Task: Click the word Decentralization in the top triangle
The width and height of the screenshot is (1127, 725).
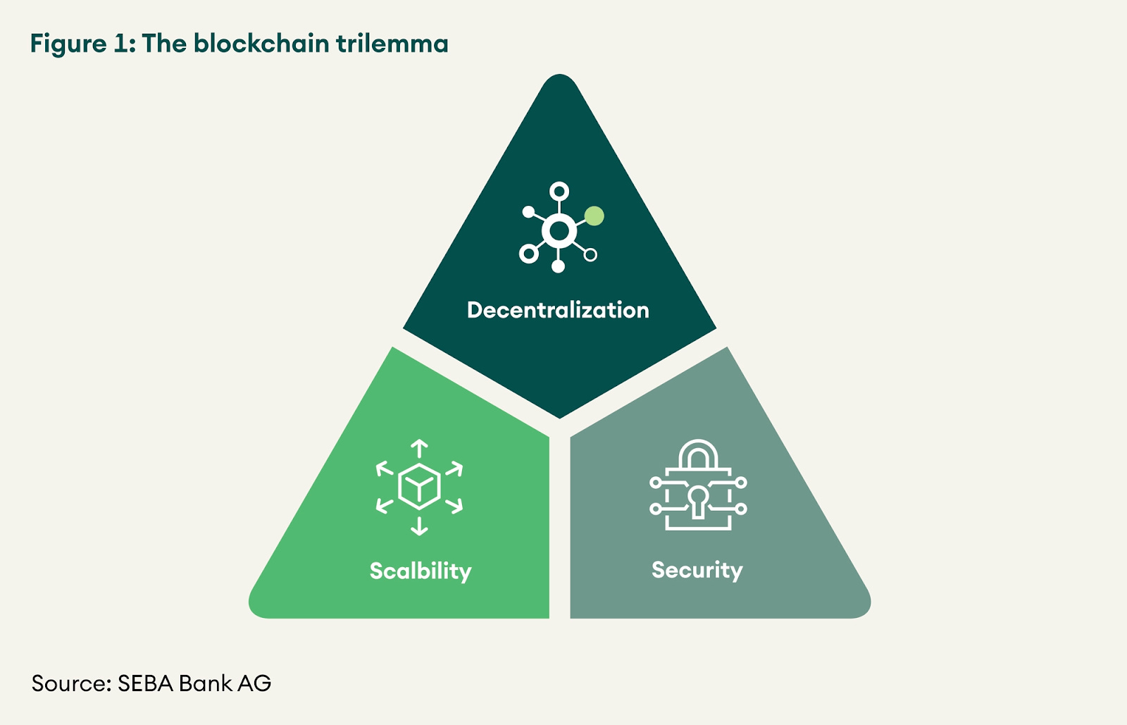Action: [558, 310]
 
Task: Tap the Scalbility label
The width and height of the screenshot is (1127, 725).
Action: [421, 571]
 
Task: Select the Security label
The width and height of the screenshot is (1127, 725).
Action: [697, 569]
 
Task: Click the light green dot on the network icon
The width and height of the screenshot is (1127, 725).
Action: [594, 216]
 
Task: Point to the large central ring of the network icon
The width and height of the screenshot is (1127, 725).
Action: [559, 230]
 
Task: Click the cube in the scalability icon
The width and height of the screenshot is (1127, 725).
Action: [419, 486]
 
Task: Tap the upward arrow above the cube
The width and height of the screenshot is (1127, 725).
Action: [419, 448]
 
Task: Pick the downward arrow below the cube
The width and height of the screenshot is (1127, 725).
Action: [419, 526]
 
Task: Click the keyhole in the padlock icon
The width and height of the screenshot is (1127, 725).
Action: [698, 500]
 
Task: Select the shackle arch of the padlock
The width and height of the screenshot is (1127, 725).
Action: [698, 454]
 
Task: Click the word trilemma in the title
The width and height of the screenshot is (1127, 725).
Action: [392, 44]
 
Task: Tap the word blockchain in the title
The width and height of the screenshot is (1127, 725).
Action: [261, 44]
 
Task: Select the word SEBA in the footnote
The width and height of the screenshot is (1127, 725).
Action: [145, 683]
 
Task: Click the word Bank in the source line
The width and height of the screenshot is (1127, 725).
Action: [205, 683]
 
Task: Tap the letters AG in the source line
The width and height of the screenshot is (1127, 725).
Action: [254, 683]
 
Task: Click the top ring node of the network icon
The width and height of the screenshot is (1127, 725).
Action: [559, 192]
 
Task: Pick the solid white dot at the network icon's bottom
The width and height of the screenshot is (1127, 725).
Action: [558, 266]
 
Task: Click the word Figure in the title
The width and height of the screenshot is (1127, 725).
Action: [68, 44]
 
